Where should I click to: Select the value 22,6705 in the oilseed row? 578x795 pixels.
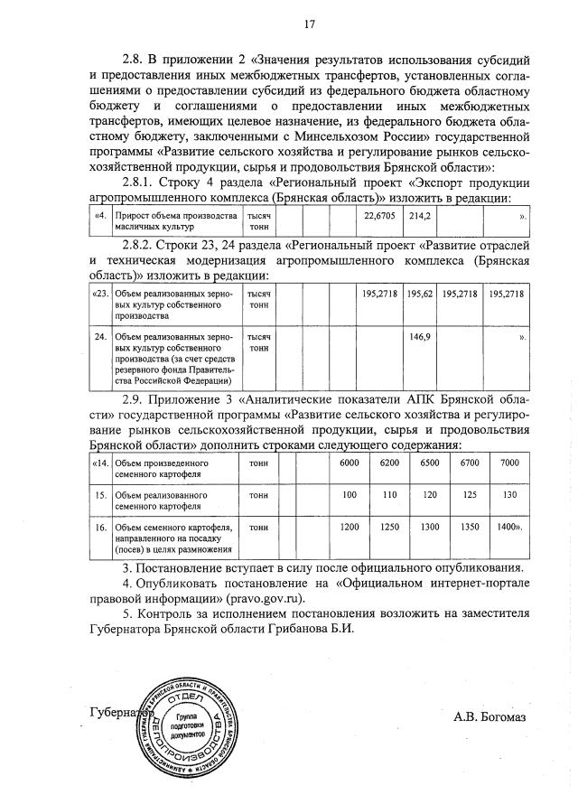(380, 217)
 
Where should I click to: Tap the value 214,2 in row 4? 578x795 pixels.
(420, 217)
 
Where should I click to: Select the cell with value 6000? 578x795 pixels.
(350, 463)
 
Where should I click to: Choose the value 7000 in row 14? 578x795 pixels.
(509, 463)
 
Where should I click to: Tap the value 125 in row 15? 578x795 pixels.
(469, 495)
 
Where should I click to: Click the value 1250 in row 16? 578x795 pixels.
(389, 527)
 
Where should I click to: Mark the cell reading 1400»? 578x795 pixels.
(511, 527)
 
